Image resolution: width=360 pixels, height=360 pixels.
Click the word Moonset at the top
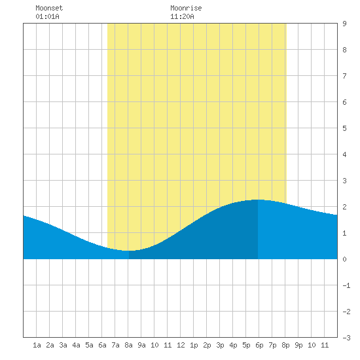[49, 8]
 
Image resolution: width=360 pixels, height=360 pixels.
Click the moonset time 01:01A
[47, 16]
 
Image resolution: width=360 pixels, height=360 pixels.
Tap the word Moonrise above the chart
[186, 8]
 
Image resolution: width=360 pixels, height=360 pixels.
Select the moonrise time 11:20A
[182, 16]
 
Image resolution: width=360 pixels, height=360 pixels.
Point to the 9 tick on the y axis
[344, 24]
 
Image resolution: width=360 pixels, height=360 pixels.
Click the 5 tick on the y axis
[344, 128]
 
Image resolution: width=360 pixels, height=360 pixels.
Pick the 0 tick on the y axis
[344, 259]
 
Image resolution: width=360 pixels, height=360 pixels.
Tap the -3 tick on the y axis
[346, 338]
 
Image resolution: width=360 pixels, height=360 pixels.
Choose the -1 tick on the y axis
[346, 285]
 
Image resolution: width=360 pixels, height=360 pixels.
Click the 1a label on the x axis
[37, 345]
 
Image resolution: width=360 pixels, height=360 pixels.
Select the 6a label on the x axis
[102, 345]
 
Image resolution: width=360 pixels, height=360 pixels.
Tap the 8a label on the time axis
[128, 345]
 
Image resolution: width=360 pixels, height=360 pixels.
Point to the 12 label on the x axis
[181, 345]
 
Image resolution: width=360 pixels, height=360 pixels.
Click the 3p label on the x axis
[220, 345]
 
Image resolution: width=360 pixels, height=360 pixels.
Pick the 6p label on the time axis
[259, 345]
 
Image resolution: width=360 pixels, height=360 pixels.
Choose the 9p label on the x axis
[298, 345]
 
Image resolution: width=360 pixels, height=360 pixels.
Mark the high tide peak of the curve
[258, 200]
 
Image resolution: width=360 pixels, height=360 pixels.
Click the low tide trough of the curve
[129, 251]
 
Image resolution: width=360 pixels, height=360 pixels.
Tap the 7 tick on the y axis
[344, 76]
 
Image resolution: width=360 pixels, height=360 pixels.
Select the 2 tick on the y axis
[344, 207]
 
